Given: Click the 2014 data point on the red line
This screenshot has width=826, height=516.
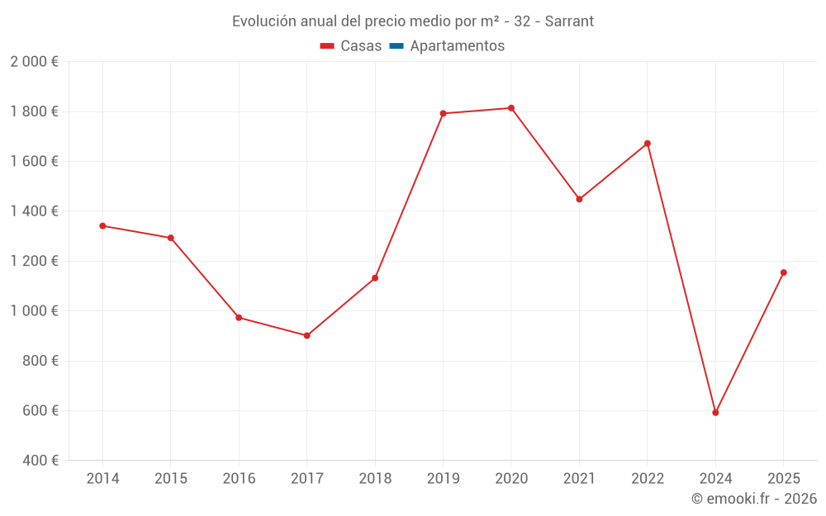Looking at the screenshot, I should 102,225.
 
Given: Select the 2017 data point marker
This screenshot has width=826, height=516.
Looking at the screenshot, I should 306,335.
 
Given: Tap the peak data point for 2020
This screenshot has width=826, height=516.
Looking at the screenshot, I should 511,108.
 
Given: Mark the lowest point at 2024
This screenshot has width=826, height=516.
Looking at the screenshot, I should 715,413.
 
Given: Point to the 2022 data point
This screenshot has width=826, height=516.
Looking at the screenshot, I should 648,144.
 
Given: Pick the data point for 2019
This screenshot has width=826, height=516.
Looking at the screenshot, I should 443,113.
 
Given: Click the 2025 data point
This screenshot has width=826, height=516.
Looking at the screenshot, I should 784,272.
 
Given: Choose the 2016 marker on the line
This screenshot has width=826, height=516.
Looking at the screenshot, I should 239,317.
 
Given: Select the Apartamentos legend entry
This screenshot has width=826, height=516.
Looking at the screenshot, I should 457,46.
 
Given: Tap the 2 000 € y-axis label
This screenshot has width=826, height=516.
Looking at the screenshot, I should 34,62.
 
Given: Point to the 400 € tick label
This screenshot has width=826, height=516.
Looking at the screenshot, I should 40,461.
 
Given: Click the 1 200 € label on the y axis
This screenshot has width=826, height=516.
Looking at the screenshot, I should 34,261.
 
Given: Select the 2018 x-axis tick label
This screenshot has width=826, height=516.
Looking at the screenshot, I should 375,479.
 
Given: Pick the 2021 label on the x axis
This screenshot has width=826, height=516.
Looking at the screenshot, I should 579,479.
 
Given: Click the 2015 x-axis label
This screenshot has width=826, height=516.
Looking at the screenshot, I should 171,479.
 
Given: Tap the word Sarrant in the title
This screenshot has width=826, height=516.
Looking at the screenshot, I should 567,21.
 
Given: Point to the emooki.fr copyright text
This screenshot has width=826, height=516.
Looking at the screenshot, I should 754,499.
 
